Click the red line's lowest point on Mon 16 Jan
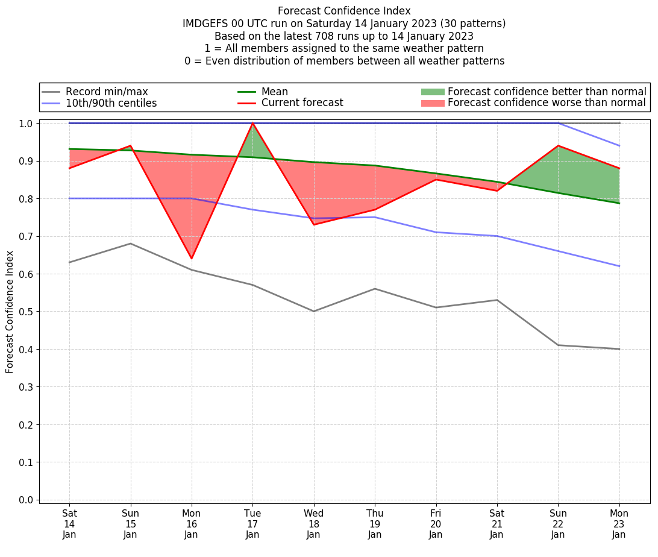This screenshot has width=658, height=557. (192, 259)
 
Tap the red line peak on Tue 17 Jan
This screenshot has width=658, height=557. (252, 123)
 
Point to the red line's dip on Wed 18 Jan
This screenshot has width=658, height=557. (314, 225)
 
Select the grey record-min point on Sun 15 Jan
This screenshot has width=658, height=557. (131, 244)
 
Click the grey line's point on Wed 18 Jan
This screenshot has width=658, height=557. (314, 311)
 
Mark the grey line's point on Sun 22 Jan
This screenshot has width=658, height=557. (558, 345)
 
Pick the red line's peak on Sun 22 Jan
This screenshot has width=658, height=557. (558, 145)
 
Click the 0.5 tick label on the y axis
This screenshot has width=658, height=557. (26, 312)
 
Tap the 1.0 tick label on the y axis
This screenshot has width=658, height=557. (26, 123)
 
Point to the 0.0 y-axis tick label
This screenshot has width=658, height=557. (26, 500)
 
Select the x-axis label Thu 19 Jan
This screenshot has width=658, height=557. (375, 523)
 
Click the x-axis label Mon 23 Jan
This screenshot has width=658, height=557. (619, 523)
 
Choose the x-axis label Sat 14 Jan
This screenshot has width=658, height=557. (69, 523)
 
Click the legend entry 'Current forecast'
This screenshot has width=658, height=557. (302, 103)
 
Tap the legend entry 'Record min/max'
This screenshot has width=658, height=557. (107, 92)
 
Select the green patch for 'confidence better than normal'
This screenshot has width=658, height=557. (433, 92)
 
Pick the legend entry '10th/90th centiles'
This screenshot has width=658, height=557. (111, 103)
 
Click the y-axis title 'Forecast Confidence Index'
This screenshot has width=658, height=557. (10, 312)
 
